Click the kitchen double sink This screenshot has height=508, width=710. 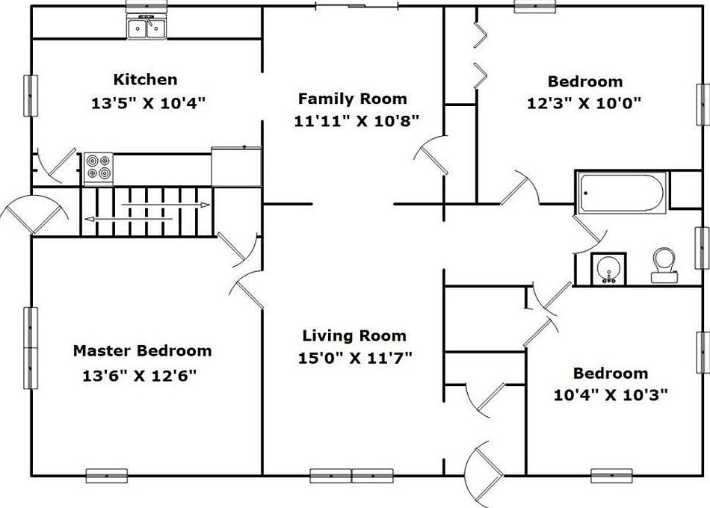click(x=146, y=27)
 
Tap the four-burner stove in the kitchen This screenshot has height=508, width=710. click(x=98, y=169)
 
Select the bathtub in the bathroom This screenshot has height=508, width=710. click(x=621, y=193)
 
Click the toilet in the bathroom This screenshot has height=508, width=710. click(x=664, y=265)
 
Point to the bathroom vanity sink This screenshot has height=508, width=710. click(x=608, y=270)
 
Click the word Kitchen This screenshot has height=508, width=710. click(x=145, y=79)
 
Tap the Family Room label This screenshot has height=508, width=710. click(x=352, y=99)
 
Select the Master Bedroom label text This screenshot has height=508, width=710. click(x=142, y=350)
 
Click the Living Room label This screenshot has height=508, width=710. click(x=354, y=336)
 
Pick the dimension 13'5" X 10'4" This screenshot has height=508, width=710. click(x=149, y=103)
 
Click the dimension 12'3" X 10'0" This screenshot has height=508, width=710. click(x=584, y=104)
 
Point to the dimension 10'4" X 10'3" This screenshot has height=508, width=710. click(x=611, y=395)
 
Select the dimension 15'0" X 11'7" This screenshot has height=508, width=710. click(x=355, y=358)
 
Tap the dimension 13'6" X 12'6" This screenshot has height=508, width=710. click(x=140, y=375)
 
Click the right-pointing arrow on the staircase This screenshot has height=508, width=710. click(x=166, y=205)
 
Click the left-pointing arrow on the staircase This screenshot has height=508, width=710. click(x=129, y=219)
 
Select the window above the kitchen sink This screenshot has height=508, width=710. click(x=146, y=6)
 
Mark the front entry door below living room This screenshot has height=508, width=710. click(x=484, y=474)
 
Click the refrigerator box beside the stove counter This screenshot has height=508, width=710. click(x=236, y=167)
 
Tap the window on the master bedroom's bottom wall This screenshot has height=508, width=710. click(x=106, y=475)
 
